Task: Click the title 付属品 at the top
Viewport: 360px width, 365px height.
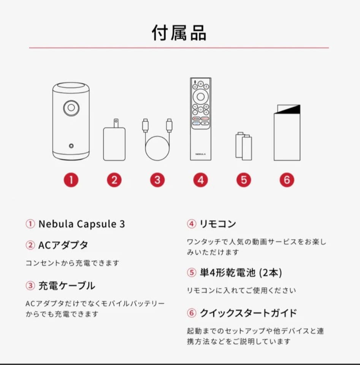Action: tap(179, 33)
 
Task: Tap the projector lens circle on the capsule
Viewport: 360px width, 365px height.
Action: tap(71, 108)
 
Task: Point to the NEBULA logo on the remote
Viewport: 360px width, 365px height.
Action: tap(200, 154)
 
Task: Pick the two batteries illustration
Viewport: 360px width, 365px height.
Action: tap(244, 146)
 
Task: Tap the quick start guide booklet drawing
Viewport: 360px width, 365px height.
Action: tap(287, 133)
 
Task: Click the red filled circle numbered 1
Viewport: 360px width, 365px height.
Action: tap(71, 180)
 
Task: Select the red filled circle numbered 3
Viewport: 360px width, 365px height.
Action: tap(157, 180)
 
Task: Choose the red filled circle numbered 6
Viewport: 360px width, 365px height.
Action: tap(287, 180)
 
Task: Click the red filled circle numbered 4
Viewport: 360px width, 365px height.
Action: tap(201, 180)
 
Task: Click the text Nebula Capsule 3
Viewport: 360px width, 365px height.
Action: tap(81, 224)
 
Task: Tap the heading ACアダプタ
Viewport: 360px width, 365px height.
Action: tap(63, 245)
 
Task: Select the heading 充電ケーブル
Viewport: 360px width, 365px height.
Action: tap(67, 286)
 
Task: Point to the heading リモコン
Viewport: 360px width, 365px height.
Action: tap(217, 224)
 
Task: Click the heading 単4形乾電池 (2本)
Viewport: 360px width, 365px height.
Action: tap(240, 272)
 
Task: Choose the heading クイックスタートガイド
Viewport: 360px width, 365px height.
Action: tap(248, 313)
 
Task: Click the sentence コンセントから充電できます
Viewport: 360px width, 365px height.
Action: tap(72, 263)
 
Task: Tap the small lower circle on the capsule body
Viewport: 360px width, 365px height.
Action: tap(71, 145)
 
